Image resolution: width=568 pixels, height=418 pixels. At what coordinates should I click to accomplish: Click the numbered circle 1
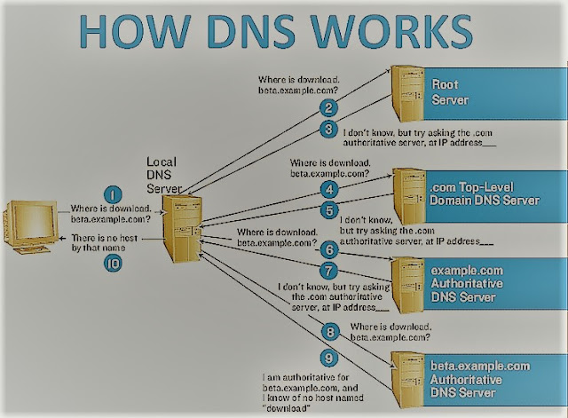(x=113, y=193)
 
